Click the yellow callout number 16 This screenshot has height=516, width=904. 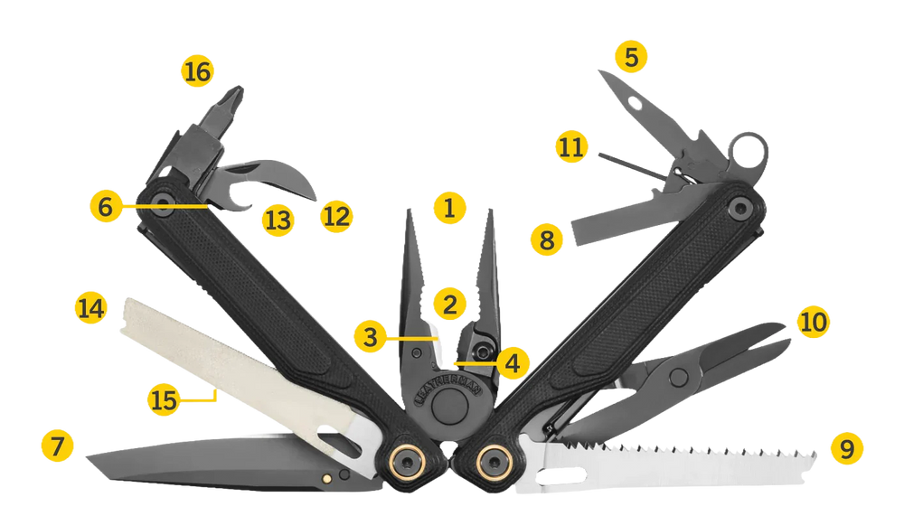tap(197, 71)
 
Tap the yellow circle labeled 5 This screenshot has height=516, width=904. tap(631, 57)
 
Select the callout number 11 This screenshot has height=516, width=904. tap(571, 146)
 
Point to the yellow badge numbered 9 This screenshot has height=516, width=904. tap(847, 448)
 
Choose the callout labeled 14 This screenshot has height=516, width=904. tap(91, 307)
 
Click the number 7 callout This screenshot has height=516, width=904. tap(58, 446)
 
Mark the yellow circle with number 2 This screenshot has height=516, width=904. tap(449, 304)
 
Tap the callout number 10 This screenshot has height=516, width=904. tap(813, 321)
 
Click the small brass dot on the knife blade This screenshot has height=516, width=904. tap(327, 477)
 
